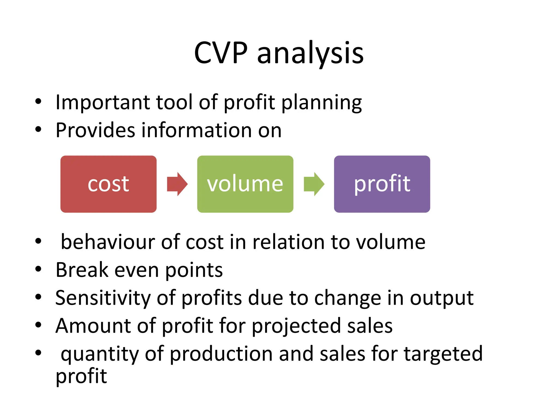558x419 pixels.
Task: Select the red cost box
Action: (x=108, y=184)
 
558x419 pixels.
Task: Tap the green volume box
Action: (x=245, y=184)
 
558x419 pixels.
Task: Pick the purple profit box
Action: (x=382, y=184)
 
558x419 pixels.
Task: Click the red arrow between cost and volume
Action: (x=177, y=184)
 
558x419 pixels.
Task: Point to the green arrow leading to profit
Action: (x=314, y=184)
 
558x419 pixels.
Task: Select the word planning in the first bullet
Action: (x=322, y=103)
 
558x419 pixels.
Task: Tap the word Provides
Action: (x=95, y=130)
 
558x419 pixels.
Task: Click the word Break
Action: (x=82, y=270)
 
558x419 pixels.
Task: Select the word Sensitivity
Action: (x=103, y=298)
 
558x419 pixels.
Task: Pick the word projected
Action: (x=296, y=327)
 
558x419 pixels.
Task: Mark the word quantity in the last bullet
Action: (x=99, y=354)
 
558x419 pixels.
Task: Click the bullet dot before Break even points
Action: (x=38, y=269)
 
